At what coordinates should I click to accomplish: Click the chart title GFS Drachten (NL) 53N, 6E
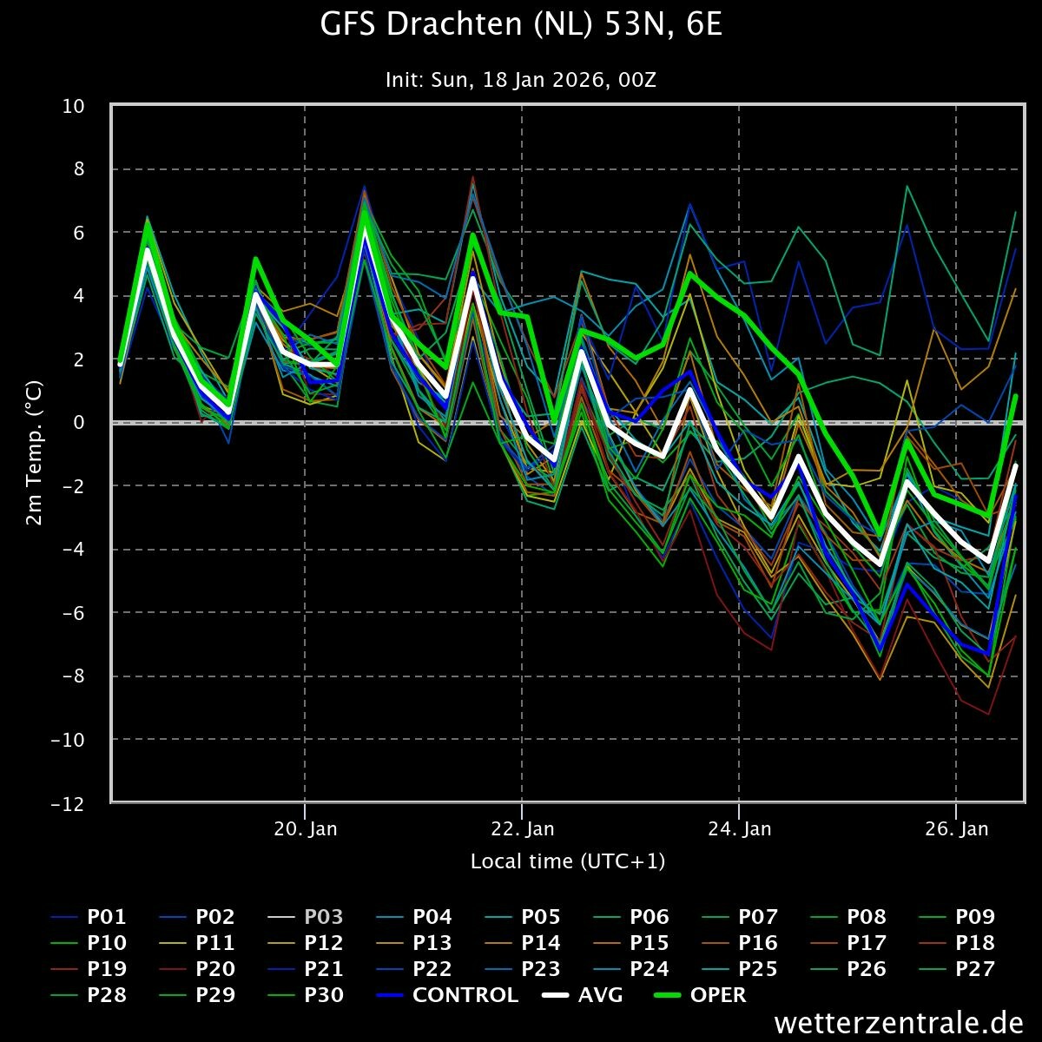pos(521,26)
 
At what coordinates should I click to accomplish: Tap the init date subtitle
pos(521,80)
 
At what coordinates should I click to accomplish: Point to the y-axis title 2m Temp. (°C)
pos(34,454)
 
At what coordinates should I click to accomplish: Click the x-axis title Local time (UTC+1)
pos(567,861)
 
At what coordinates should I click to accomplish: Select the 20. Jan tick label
pos(305,828)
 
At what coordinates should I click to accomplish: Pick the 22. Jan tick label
pos(522,828)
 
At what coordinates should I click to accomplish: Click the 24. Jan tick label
pos(739,828)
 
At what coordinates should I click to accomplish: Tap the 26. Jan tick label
pos(956,828)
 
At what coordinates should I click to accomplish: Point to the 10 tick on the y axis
pos(73,106)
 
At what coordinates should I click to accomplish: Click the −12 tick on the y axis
pos(68,803)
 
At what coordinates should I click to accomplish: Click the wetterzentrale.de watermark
pos(899,1023)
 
